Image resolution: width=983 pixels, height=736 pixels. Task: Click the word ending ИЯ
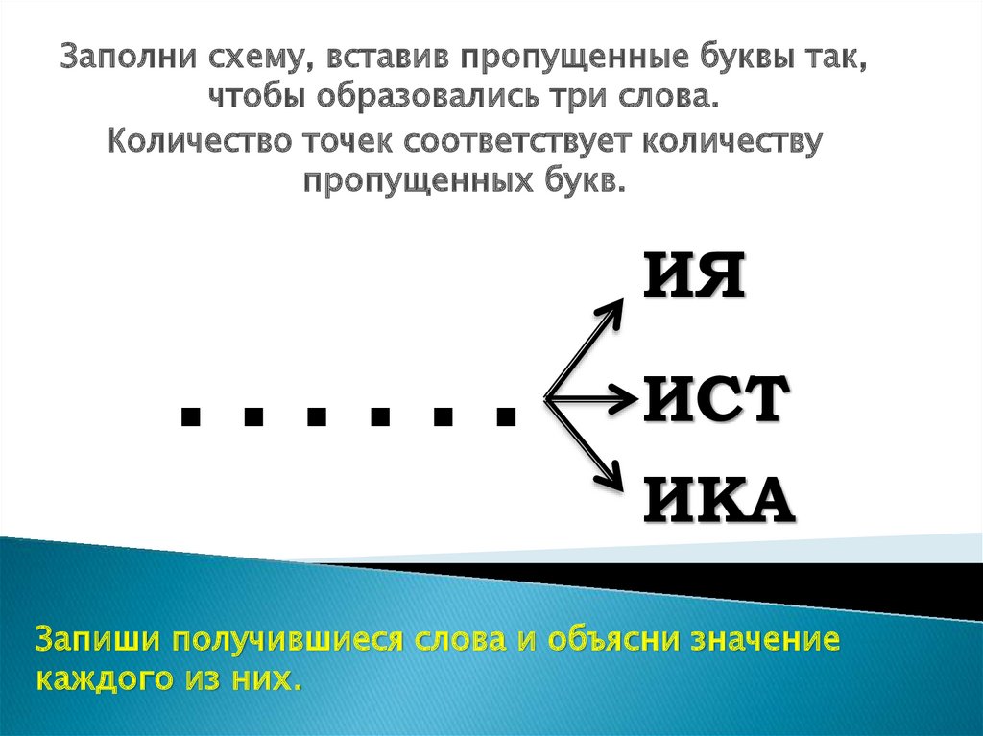tap(692, 276)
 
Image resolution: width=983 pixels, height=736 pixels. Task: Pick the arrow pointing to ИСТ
tap(590, 394)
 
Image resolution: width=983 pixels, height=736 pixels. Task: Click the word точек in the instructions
tap(335, 141)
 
